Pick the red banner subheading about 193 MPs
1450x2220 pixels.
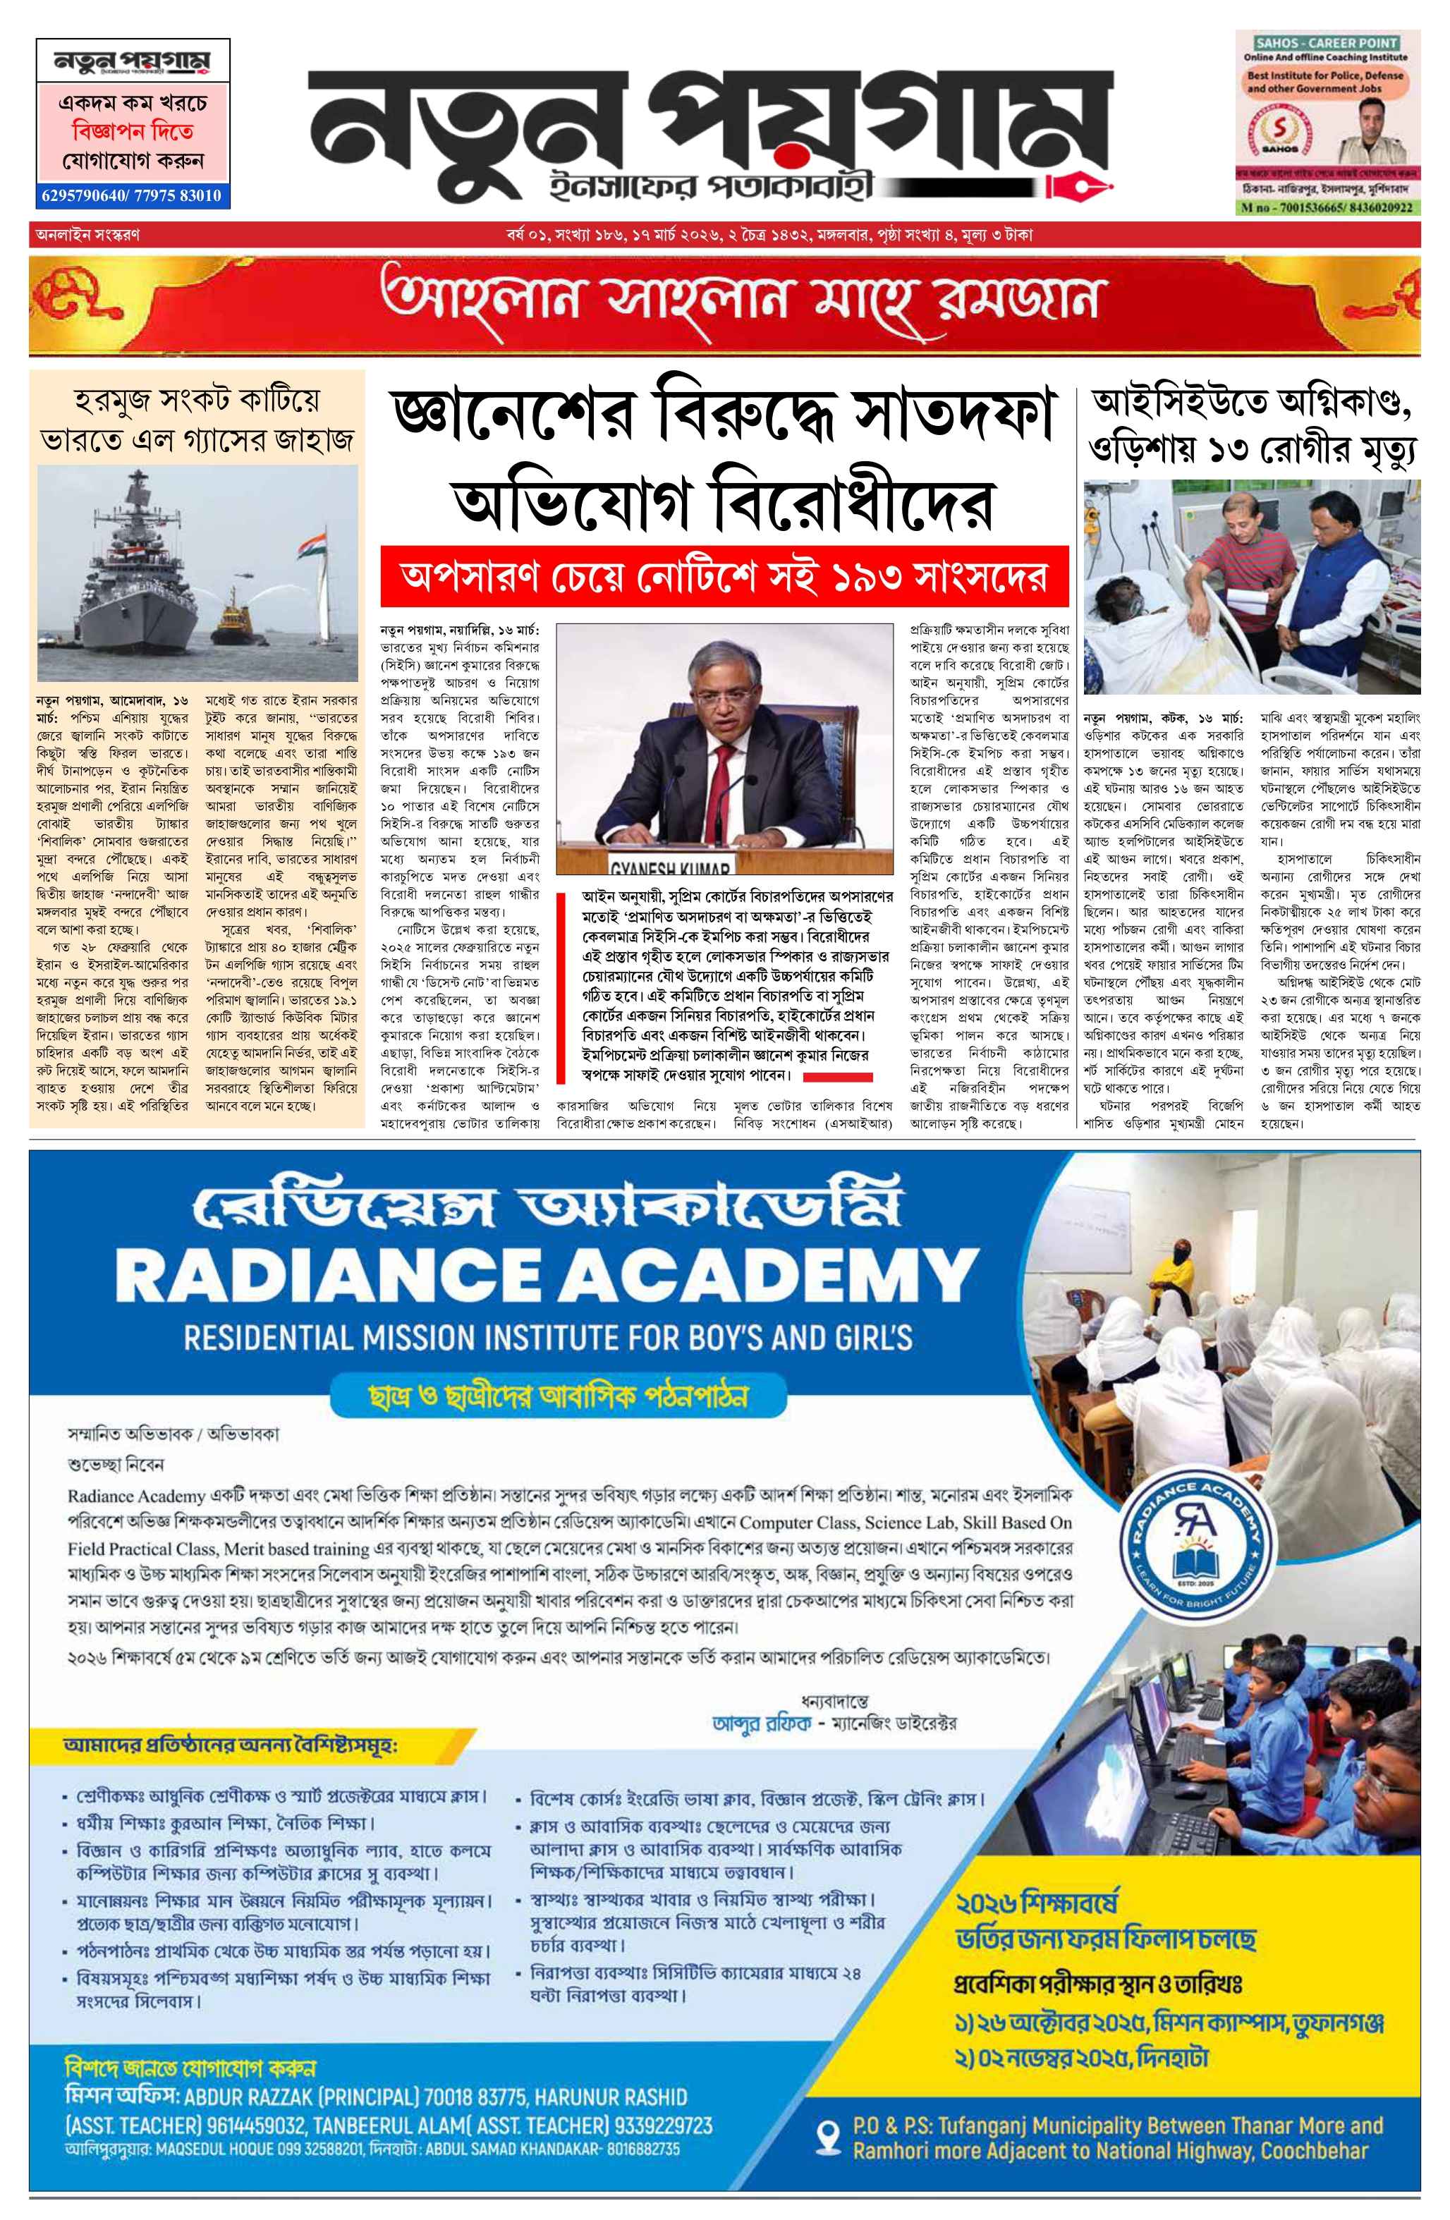point(723,575)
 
